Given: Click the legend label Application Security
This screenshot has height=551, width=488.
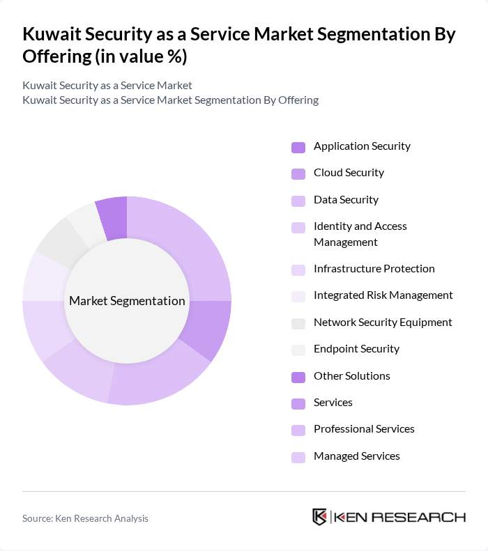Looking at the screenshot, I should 362,146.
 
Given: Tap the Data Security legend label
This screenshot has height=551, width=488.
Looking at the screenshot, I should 346,200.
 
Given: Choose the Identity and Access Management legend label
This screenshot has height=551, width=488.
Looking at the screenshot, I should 360,234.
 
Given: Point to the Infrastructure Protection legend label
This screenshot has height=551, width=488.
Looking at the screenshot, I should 374,269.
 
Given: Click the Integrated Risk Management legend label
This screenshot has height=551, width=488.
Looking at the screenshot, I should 383,295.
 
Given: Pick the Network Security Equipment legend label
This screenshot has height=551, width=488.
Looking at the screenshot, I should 383,323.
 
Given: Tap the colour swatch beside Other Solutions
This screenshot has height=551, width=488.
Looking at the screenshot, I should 298,377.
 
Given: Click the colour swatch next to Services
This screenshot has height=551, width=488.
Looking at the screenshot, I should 298,403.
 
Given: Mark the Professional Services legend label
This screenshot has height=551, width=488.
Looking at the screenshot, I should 364,429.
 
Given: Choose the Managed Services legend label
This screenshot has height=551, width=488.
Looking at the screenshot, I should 356,456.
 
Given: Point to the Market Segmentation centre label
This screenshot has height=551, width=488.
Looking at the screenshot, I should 127,301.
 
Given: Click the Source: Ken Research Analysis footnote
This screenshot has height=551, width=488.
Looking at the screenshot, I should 85,518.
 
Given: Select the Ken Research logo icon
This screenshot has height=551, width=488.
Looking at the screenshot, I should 320,517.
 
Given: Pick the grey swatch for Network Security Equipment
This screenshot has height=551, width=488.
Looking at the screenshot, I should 298,323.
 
